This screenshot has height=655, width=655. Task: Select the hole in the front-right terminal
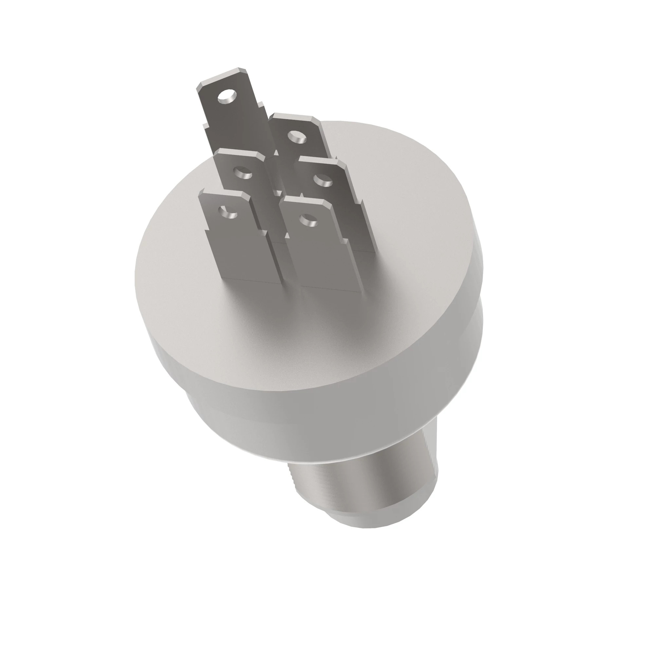(x=309, y=220)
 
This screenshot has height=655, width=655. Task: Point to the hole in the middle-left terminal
(x=243, y=173)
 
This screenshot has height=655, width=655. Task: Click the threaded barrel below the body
(x=366, y=475)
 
